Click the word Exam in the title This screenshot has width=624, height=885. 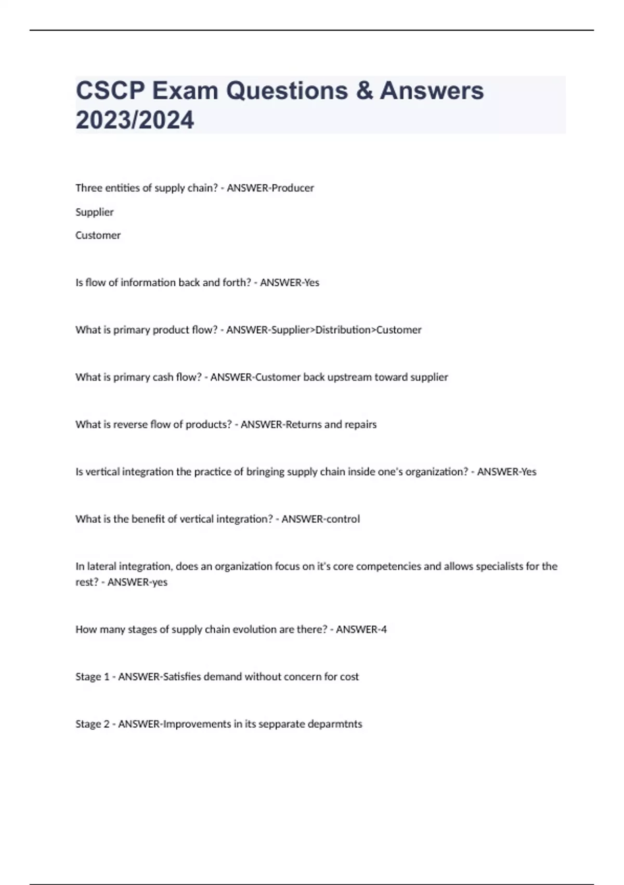[185, 91]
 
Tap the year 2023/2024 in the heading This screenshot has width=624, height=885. [135, 120]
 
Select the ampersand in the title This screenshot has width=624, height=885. [365, 91]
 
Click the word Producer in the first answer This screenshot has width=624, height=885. [293, 188]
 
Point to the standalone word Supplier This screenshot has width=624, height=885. [95, 212]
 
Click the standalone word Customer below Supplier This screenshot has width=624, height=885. [98, 235]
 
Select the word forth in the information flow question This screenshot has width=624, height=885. [237, 283]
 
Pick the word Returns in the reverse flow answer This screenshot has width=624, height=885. [304, 425]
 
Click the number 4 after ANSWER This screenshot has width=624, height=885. [384, 629]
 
